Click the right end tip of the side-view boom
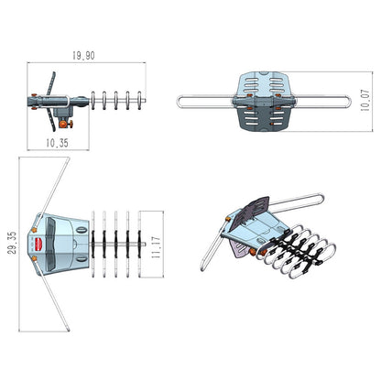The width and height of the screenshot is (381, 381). (x=147, y=99)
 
